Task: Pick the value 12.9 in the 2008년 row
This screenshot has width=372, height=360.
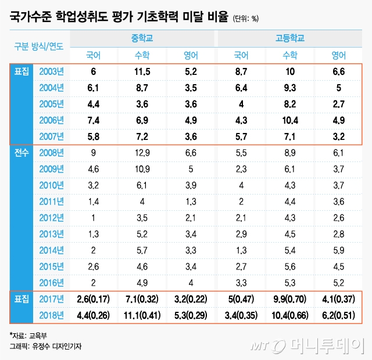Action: tap(142, 153)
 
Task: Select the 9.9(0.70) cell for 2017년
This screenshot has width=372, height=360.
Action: tap(289, 300)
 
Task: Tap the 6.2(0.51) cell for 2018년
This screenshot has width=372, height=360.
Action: tap(338, 316)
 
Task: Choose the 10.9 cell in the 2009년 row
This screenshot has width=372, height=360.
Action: tap(142, 170)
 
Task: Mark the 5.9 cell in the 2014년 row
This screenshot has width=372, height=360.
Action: tap(338, 251)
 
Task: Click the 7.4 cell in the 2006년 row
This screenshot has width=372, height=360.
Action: tap(93, 120)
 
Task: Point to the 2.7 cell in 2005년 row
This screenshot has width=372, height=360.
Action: tap(338, 104)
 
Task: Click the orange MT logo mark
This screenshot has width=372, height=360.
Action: tap(263, 345)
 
